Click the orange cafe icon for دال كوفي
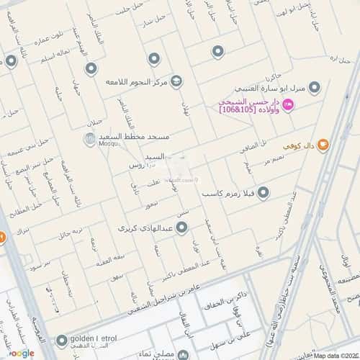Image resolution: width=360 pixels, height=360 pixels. coord(323,145)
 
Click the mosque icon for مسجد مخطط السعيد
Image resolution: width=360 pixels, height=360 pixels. coord(86,136)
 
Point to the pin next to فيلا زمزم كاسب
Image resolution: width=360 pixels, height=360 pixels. coord(264,193)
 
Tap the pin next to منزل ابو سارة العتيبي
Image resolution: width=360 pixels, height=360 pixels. coord(314,87)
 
